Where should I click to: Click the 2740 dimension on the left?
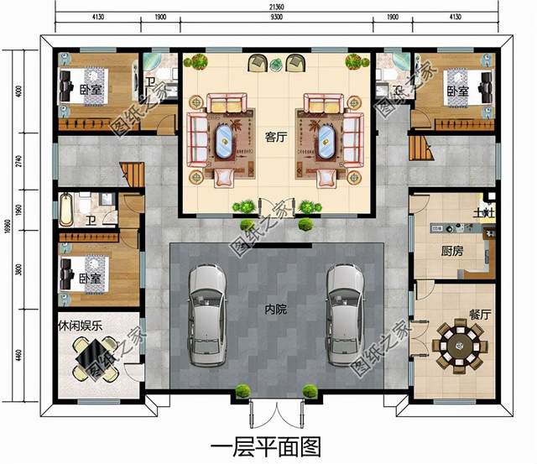click(19, 162)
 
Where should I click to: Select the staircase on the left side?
click(135, 175)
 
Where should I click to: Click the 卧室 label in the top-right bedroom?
click(457, 91)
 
